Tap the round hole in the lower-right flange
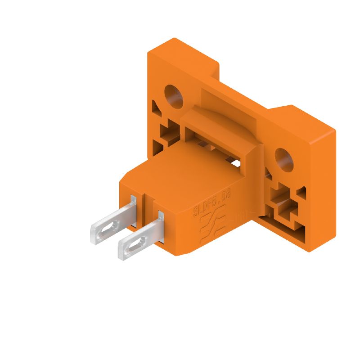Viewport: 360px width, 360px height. point(284,157)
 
